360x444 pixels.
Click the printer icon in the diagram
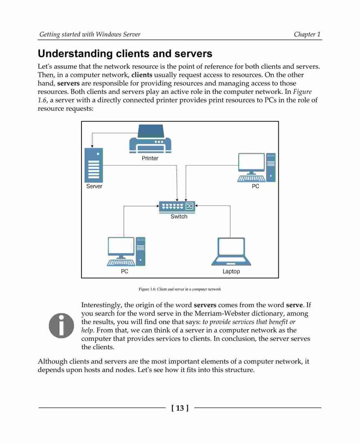tap(150, 139)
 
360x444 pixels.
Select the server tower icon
tap(94, 165)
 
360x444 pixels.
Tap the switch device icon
tap(177, 206)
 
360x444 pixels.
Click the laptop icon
tap(231, 251)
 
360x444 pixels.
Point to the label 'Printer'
tap(150, 158)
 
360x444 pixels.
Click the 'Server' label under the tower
tap(94, 186)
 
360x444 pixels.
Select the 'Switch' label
tap(179, 217)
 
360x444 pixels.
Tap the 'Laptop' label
tap(231, 272)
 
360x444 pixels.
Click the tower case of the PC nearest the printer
tap(271, 167)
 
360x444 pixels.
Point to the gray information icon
tap(61, 326)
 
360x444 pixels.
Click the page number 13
tap(180, 408)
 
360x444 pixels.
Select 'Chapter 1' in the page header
tap(307, 35)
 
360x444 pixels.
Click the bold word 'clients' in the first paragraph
tap(142, 75)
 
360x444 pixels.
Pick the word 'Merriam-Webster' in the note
tap(222, 314)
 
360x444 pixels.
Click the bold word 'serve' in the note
tap(295, 305)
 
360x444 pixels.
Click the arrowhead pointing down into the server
tap(92, 146)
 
